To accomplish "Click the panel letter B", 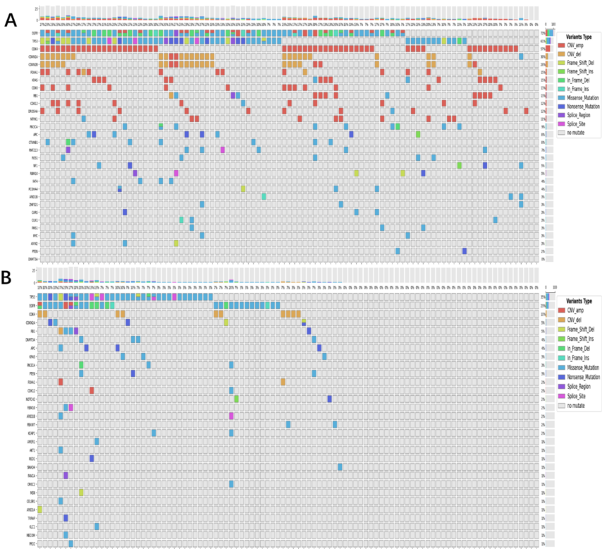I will (9, 278).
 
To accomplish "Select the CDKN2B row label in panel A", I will (33, 64).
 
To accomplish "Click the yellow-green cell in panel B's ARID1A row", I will (40, 510).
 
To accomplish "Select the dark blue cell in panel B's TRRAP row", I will (66, 517).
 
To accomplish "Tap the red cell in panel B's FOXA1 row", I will (61, 382).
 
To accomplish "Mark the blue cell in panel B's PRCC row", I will (71, 543).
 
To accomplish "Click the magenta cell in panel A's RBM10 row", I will (176, 172).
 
